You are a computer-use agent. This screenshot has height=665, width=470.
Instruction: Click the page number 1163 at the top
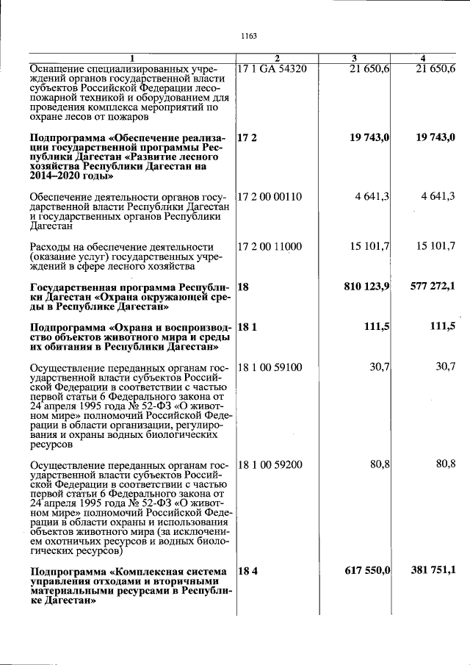click(247, 35)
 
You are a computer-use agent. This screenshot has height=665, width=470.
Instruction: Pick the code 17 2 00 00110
click(270, 196)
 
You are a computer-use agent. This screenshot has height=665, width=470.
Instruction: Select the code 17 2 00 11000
click(270, 247)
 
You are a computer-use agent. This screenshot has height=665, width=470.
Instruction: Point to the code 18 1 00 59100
click(270, 367)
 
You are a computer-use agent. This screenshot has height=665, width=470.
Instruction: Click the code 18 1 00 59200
click(270, 464)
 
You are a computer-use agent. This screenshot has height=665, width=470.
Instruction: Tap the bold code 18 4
click(247, 570)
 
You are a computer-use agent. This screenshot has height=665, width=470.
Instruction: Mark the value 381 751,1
click(433, 570)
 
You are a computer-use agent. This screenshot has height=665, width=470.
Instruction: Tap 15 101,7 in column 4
click(435, 247)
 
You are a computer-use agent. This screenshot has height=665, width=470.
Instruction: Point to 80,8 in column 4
click(445, 464)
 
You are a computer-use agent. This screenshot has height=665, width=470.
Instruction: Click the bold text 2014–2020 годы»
click(71, 176)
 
